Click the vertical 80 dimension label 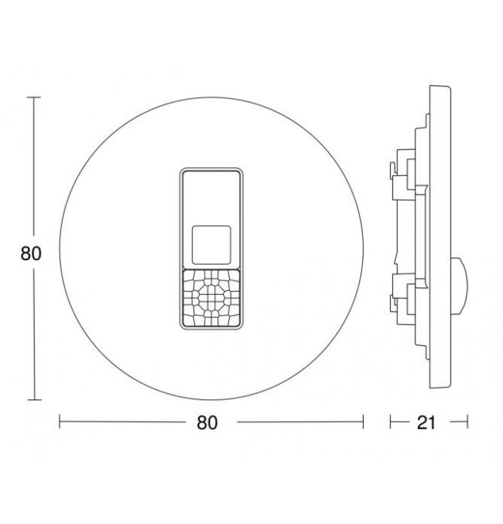click(31, 253)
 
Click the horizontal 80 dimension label click(207, 423)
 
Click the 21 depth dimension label click(426, 423)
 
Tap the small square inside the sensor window click(211, 245)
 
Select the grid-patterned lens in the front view click(211, 298)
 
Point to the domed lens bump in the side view click(460, 286)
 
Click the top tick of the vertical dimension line click(34, 98)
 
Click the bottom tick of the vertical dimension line click(34, 399)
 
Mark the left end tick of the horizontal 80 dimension click(60, 421)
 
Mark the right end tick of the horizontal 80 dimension click(363, 421)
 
